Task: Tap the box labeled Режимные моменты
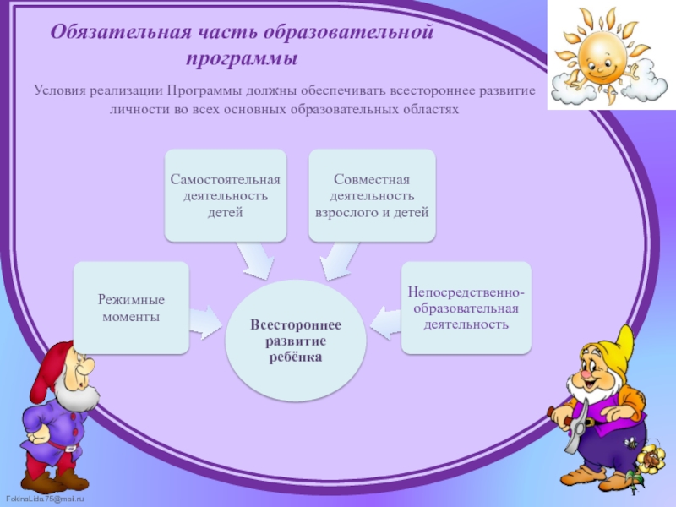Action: pos(131,308)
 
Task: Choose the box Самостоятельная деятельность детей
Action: pos(225,195)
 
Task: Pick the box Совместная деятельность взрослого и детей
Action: pos(372,195)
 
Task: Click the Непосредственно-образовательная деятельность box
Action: pos(466,308)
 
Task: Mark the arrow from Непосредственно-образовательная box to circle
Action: pos(385,320)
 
